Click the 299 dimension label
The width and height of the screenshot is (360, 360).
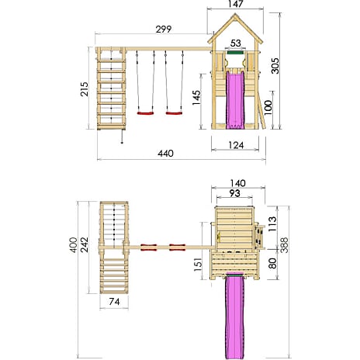(x=164, y=29)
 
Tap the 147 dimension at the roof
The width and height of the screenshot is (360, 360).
(x=236, y=4)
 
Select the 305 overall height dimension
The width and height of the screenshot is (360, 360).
(x=275, y=66)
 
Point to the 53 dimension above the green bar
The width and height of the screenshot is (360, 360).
(x=235, y=43)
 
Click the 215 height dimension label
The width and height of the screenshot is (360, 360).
(x=85, y=89)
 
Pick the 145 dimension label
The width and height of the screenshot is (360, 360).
(x=196, y=98)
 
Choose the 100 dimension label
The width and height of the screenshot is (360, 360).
(x=268, y=108)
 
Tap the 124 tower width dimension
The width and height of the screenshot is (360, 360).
(x=236, y=145)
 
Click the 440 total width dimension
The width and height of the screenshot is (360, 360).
(x=165, y=154)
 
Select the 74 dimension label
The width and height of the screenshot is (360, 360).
(x=114, y=302)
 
